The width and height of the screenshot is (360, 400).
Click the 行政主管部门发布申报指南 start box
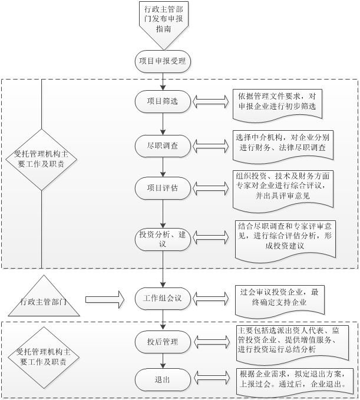coord(163,22)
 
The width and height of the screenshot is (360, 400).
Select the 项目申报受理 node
coord(163,61)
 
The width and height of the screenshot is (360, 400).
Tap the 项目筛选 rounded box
coord(163,101)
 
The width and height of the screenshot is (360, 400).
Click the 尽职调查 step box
coord(163,143)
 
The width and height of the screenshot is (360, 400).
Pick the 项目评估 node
coord(163,188)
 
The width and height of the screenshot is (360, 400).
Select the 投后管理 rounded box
coord(163,341)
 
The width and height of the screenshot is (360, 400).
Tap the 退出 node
coord(163,379)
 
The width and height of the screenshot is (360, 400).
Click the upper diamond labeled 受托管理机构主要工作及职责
coord(43,159)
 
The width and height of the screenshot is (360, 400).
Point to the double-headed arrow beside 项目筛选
coord(210,101)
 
